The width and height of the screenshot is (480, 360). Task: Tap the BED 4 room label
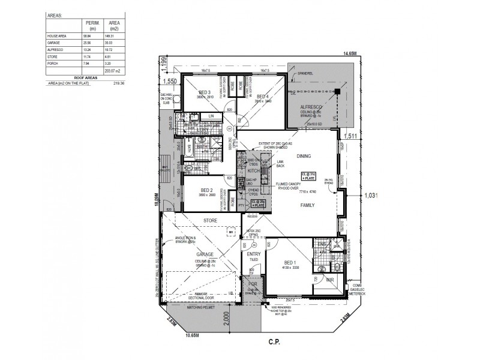pyautogui.click(x=261, y=97)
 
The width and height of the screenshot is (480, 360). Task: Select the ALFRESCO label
pyautogui.click(x=313, y=106)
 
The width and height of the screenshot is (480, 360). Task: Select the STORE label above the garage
pyautogui.click(x=210, y=221)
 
